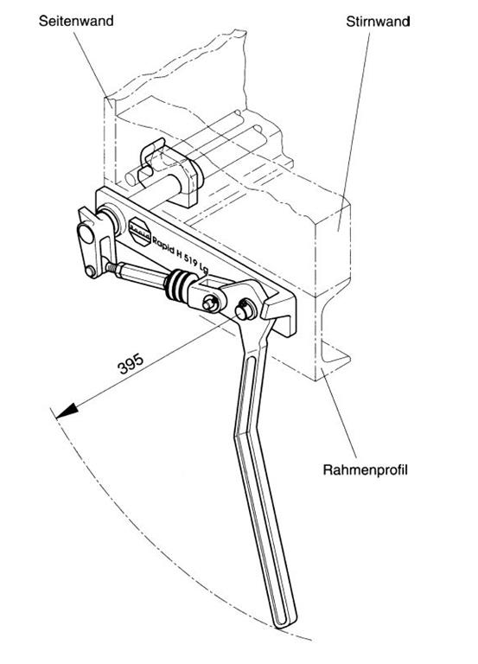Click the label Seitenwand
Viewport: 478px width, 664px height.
pos(76,21)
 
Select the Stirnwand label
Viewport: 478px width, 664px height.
pos(378,22)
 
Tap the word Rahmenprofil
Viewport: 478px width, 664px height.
pos(365,469)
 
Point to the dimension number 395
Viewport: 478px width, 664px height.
pos(131,364)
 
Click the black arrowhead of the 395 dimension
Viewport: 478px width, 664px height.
pos(67,411)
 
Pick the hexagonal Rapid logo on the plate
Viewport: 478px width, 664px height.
pos(140,231)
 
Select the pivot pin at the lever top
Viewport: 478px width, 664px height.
pos(245,310)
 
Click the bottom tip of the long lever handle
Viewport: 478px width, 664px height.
pos(285,622)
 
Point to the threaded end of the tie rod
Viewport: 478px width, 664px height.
pos(111,267)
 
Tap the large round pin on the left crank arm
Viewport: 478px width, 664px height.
pos(86,233)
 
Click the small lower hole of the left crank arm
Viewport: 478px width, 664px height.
pos(90,271)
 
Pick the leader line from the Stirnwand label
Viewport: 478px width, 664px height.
pos(354,131)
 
